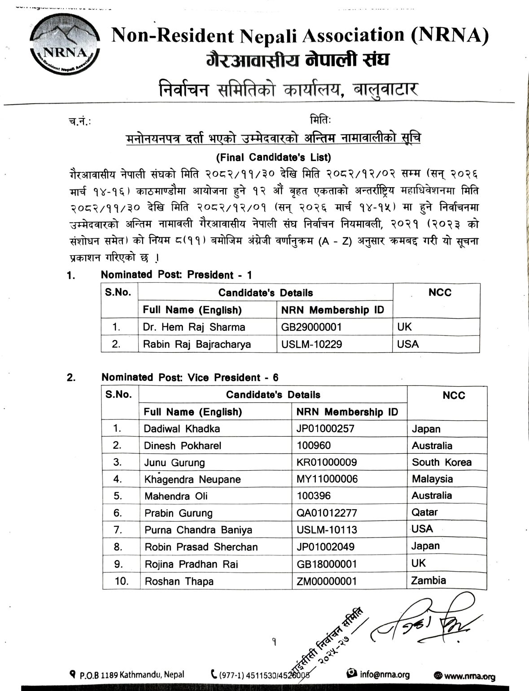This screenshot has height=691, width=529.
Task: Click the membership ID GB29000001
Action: [x=311, y=327]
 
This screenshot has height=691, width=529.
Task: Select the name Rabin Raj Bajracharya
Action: [x=197, y=344]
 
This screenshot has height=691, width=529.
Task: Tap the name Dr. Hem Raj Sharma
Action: [x=194, y=327]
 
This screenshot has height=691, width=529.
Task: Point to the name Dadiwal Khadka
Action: [x=182, y=429]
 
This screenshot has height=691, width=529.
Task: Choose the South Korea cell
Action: [x=442, y=463]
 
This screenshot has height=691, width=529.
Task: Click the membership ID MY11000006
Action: [x=327, y=479]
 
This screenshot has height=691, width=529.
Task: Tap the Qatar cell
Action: [x=424, y=512]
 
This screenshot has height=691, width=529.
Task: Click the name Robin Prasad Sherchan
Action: [x=201, y=547]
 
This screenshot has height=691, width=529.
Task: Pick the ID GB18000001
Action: [x=327, y=564]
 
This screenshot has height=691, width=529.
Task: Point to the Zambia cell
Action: [x=428, y=581]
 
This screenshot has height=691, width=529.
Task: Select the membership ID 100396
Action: [x=314, y=496]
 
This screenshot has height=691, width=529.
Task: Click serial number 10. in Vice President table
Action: [x=122, y=581]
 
